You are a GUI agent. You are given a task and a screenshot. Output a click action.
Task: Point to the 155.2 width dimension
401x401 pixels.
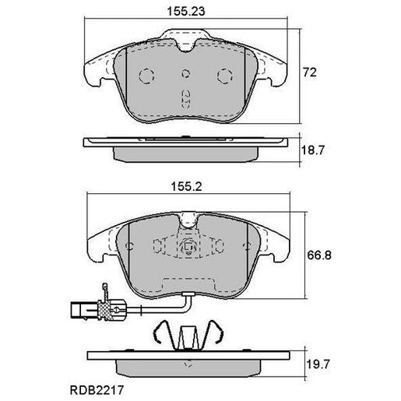186,187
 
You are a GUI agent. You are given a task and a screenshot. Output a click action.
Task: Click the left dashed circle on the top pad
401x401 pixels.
146,76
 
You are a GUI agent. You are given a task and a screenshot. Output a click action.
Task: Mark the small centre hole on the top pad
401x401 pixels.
185,76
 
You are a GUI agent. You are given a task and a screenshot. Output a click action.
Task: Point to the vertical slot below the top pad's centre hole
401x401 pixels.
185,99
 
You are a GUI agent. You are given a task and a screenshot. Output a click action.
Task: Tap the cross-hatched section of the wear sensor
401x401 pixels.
114,309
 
